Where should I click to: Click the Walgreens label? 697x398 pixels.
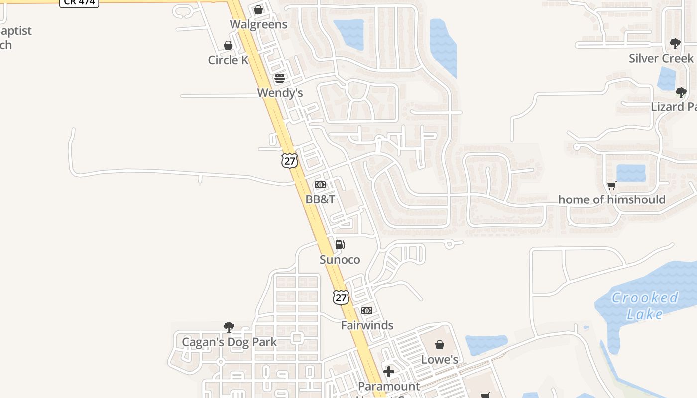click(258, 24)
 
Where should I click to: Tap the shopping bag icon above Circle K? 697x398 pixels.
click(228, 46)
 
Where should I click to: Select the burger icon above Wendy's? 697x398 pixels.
click(280, 78)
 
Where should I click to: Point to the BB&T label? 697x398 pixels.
click(320, 199)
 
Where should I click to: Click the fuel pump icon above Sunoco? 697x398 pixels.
click(340, 245)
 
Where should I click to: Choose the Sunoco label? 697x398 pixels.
click(340, 260)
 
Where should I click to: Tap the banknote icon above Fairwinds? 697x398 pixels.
click(367, 311)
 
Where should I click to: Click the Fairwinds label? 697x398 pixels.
click(367, 325)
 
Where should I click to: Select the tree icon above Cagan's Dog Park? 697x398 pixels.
click(229, 327)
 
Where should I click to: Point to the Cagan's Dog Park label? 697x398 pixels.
click(229, 342)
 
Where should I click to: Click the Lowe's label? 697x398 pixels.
click(440, 359)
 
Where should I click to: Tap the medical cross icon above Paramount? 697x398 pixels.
click(389, 372)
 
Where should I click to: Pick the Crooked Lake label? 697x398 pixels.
click(645, 305)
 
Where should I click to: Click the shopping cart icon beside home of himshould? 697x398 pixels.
click(612, 185)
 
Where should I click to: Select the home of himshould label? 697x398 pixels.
click(612, 200)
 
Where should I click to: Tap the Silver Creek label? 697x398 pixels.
click(661, 58)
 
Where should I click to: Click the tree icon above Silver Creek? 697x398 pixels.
click(675, 44)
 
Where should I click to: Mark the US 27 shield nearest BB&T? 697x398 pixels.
click(289, 160)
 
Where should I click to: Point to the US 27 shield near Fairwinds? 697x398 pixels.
click(341, 297)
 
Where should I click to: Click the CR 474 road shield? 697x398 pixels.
click(79, 2)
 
